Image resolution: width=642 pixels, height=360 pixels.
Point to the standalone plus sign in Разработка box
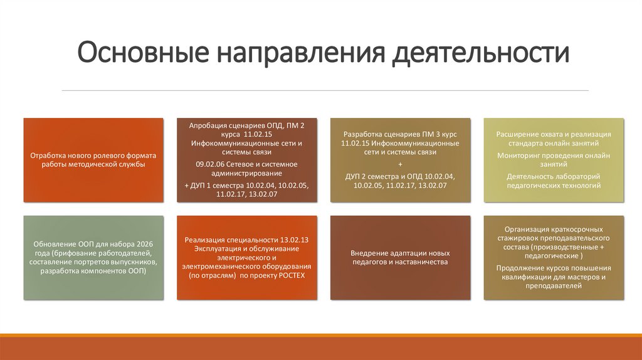400,164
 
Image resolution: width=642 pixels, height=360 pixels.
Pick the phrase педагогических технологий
554,186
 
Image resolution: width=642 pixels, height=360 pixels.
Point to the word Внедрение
372,253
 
